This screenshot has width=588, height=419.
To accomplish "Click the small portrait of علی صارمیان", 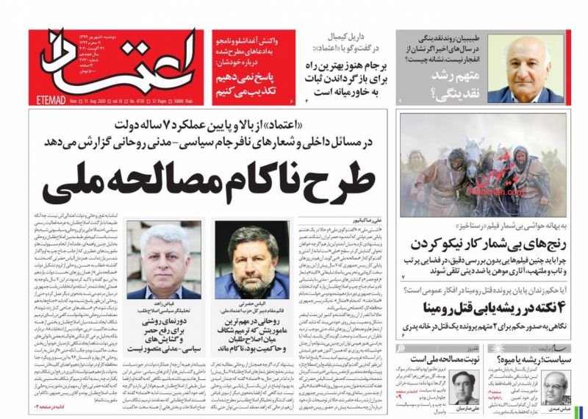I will pos(462,387).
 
